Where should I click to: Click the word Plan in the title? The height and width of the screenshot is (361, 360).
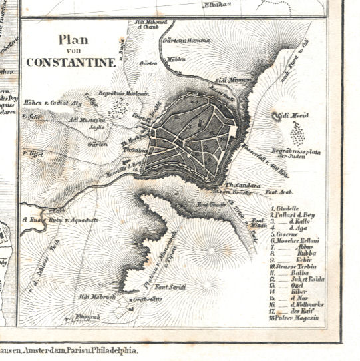click(x=72, y=39)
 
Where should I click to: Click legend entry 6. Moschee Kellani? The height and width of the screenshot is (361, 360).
click(x=295, y=240)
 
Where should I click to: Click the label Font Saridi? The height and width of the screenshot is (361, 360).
click(x=170, y=287)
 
